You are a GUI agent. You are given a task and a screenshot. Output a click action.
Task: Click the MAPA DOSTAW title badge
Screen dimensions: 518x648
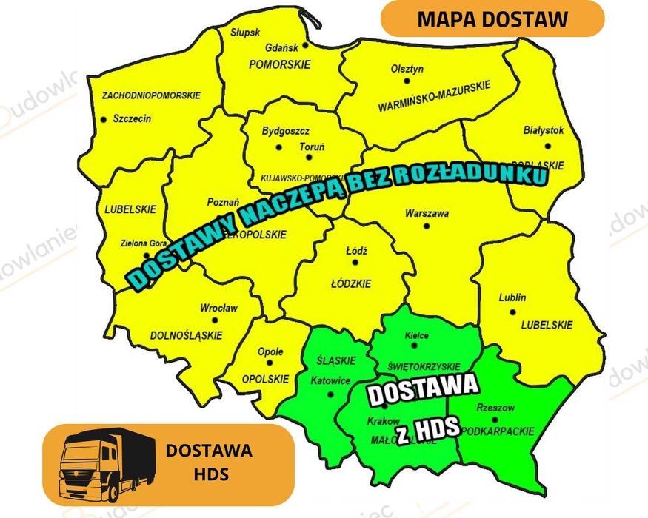point(492,18)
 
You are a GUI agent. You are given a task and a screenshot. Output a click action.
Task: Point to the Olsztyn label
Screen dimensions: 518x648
point(407,69)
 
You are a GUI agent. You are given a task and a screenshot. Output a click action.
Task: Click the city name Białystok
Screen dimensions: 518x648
point(544,130)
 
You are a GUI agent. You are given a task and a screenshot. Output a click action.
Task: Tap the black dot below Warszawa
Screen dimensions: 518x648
point(426,226)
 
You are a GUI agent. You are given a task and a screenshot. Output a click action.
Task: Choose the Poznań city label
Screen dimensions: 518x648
point(222,202)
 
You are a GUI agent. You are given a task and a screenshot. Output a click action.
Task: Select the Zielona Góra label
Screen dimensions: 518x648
point(144,243)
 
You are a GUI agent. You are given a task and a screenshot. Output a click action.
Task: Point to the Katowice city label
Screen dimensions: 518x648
point(330,380)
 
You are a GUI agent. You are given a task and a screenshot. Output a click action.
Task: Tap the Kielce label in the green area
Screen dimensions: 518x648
point(416,336)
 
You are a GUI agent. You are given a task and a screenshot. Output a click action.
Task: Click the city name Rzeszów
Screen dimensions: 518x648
point(496,408)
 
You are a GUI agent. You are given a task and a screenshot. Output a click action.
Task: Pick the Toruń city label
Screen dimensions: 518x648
point(312,147)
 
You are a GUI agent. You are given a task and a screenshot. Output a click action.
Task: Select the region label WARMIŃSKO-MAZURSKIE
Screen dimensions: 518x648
point(434,98)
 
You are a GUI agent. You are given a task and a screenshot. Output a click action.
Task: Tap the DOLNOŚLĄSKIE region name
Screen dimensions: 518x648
point(186,335)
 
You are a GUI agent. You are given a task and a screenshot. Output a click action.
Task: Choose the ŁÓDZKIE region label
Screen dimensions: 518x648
point(351,283)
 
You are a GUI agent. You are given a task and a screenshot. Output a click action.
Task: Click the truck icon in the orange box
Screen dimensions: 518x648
point(107,463)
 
